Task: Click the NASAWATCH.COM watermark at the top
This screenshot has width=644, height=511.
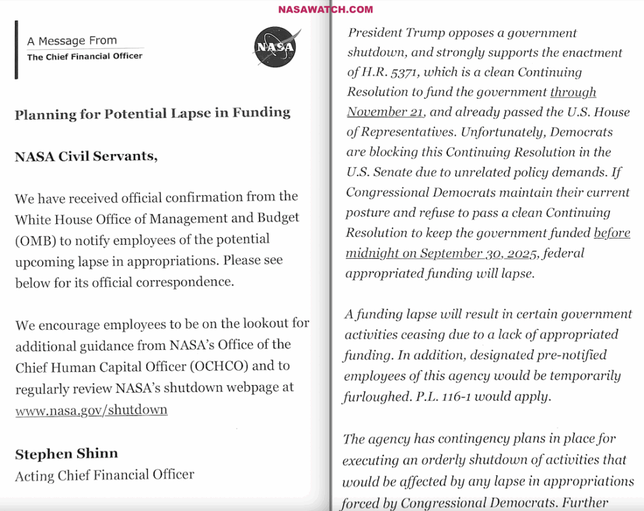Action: click(325, 9)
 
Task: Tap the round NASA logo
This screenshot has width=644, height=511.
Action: click(274, 47)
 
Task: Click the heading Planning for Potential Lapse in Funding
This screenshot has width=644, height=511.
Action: click(152, 113)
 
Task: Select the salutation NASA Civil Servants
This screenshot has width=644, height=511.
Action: click(86, 156)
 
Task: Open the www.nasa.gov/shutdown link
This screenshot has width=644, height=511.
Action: click(91, 410)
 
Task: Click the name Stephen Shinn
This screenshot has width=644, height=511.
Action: click(66, 454)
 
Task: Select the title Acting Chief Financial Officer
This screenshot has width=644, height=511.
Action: click(104, 474)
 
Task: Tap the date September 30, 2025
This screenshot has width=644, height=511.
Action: click(479, 254)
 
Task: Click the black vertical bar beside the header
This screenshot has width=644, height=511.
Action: click(16, 50)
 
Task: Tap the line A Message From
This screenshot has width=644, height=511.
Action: click(72, 41)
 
